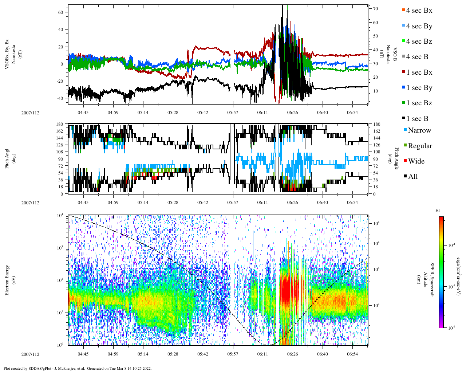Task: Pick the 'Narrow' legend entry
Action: click(x=419, y=130)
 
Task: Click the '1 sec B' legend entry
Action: click(x=417, y=119)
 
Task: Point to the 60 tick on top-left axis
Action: click(x=61, y=12)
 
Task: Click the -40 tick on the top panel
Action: click(x=59, y=98)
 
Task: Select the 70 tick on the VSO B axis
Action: click(x=375, y=9)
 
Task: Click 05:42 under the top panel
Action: click(x=203, y=113)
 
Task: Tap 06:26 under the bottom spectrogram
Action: click(x=292, y=354)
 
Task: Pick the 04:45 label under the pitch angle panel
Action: click(x=83, y=203)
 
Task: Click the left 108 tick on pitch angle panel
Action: click(x=60, y=152)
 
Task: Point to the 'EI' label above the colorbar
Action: click(x=438, y=211)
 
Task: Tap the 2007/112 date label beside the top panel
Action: click(x=30, y=113)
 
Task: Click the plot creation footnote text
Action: click(x=77, y=368)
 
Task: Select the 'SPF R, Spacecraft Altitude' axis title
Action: click(x=428, y=280)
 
